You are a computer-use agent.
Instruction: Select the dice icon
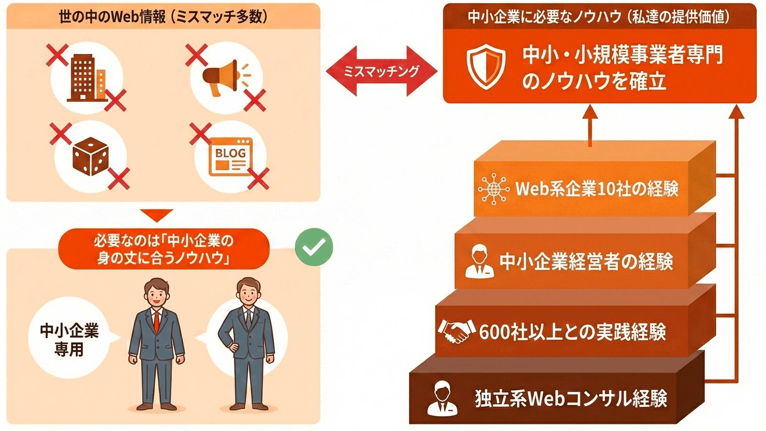(90, 156)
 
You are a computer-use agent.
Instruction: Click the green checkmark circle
(314, 247)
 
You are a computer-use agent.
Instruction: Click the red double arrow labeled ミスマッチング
(381, 71)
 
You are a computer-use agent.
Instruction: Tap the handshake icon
(455, 330)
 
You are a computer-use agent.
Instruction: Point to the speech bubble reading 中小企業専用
(69, 339)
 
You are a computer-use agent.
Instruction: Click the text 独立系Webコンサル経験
(571, 398)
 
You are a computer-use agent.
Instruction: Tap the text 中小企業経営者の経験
(586, 261)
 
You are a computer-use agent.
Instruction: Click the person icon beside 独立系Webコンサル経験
(442, 398)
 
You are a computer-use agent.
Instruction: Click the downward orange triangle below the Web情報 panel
(157, 215)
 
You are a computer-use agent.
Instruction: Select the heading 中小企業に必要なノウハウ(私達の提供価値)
(598, 17)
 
